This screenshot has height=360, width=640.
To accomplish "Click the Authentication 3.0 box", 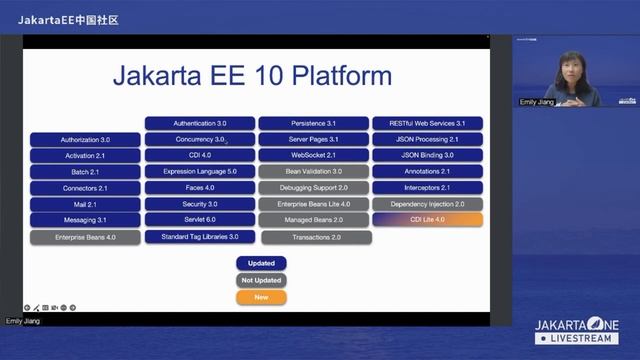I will tap(200, 123).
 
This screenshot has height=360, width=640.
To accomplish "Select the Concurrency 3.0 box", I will tap(200, 139).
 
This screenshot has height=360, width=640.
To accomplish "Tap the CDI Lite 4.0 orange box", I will tap(427, 219).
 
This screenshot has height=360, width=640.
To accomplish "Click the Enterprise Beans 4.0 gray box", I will tap(85, 237).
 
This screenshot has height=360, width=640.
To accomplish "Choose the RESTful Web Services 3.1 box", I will tap(427, 123).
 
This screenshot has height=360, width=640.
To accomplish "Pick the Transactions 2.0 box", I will tap(316, 237).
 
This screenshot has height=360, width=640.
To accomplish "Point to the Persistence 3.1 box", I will tap(315, 123).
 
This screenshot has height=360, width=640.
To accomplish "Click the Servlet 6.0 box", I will tap(200, 219).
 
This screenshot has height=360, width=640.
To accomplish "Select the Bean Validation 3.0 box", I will tap(315, 171).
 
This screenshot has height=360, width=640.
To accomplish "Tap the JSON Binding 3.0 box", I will tap(427, 155).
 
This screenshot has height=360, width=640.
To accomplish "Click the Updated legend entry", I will tap(261, 263).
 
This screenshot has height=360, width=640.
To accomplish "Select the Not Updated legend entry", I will tap(261, 280).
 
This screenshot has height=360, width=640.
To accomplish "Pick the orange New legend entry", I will tap(261, 297).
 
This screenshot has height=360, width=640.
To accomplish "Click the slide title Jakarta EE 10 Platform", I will tap(252, 76).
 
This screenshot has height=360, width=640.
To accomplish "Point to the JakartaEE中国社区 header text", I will tap(68, 19).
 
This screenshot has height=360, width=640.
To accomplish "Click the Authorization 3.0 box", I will tap(85, 140).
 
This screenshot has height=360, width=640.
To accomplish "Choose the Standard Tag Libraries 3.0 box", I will tap(200, 236).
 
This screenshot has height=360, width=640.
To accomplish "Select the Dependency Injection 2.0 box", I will tap(427, 203).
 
